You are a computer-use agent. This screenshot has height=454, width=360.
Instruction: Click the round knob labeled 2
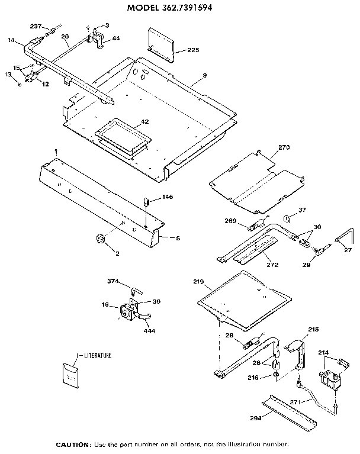point(99,239)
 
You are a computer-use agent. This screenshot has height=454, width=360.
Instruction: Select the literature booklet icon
point(72,374)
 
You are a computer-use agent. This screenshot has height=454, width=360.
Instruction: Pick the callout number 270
point(284,147)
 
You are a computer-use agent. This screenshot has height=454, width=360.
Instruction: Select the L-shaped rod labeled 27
point(343,237)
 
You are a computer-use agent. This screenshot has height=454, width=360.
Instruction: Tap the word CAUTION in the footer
point(73,444)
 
